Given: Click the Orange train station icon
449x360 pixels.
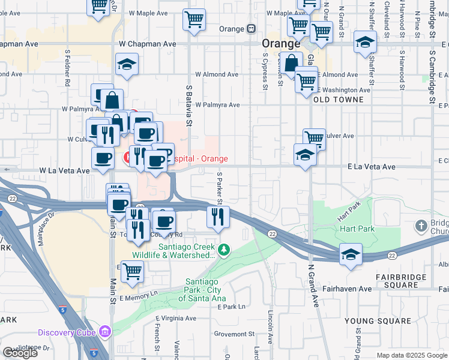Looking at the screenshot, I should (252, 29).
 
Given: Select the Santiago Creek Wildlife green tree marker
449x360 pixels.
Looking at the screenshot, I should (223, 248).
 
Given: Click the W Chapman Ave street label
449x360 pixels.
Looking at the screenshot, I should (147, 44).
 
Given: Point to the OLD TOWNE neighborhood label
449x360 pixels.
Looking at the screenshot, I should (338, 100).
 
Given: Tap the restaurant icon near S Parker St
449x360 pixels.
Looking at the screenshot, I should (218, 216).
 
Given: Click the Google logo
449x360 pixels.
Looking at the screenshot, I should (20, 353).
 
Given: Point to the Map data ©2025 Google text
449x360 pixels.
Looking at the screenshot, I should (411, 355).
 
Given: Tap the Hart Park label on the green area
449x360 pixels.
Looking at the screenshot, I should (358, 229).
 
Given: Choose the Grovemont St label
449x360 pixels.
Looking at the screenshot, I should (235, 334).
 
